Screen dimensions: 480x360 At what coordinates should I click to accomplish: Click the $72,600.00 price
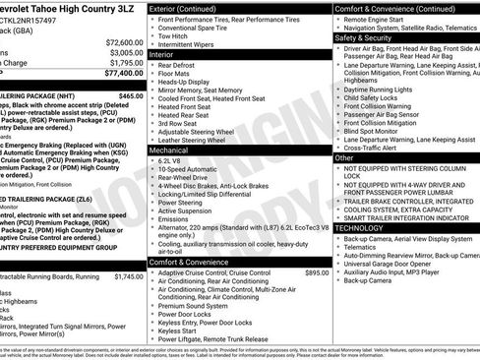pos(123,43)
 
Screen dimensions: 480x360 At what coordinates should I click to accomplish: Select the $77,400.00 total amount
pos(123,73)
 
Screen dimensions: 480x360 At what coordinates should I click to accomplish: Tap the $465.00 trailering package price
pos(130,96)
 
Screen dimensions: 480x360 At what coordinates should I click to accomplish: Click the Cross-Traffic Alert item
pos(399,148)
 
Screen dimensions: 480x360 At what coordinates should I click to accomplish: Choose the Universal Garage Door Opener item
pos(413,265)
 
